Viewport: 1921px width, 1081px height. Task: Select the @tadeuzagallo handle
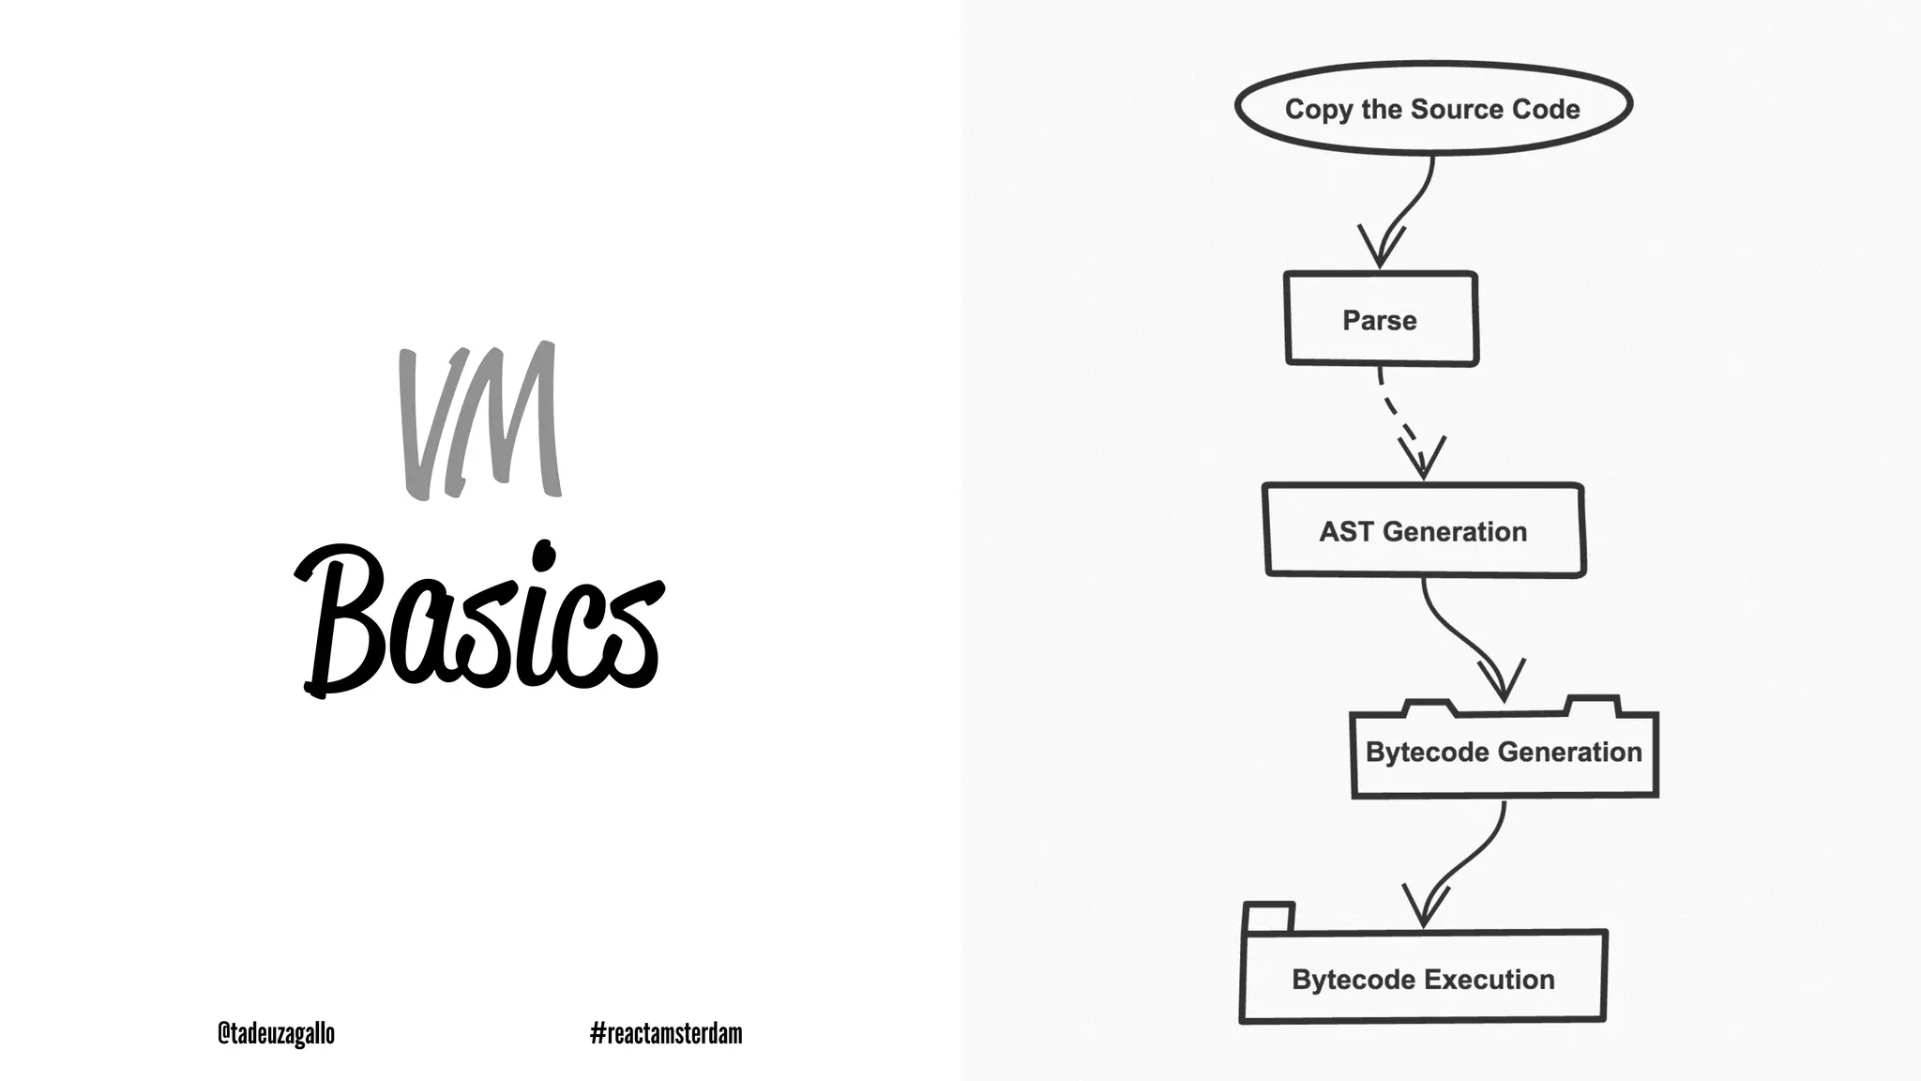276,1033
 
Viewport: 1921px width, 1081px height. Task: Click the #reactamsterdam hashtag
666,1033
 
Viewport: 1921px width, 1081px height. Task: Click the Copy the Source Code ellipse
1432,109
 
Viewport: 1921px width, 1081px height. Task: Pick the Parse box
1380,320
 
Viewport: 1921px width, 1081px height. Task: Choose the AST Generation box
1423,531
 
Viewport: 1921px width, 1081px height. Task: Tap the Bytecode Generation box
1504,753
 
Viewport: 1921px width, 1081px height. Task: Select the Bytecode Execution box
1423,979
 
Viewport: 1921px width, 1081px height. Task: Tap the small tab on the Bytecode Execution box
1268,917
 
